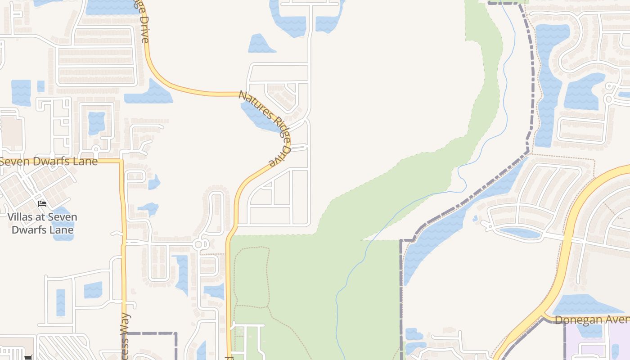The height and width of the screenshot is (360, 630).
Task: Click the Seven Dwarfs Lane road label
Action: click(49, 161)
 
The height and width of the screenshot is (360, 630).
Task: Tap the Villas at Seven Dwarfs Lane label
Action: click(42, 223)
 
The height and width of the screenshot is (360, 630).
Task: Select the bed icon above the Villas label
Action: click(42, 204)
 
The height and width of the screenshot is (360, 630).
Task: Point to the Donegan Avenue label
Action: click(592, 320)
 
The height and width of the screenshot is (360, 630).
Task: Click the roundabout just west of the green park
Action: click(198, 244)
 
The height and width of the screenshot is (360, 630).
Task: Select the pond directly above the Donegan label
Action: click(585, 305)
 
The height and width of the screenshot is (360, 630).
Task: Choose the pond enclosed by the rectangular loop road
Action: click(96, 122)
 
